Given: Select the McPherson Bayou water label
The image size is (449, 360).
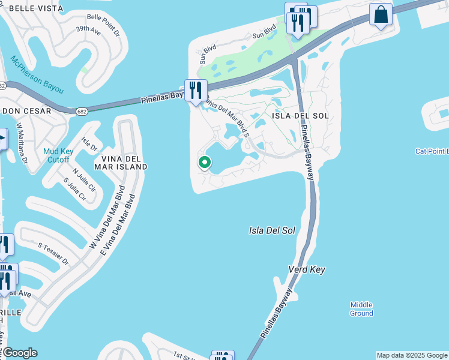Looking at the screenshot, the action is (37, 74).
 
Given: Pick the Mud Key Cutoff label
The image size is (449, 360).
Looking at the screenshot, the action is (58, 155).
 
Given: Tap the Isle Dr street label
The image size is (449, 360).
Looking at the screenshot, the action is (89, 144).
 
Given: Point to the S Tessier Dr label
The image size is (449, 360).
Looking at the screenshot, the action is (54, 254).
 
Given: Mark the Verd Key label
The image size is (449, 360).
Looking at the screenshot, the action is (306, 270).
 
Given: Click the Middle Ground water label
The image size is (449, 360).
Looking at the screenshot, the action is (361, 309).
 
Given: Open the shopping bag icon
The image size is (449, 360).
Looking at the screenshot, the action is (381, 14).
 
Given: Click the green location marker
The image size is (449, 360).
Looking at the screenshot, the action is (205, 162).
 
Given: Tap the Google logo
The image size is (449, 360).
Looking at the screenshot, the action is (19, 353).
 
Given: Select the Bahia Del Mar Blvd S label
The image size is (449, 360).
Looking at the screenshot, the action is (227, 114).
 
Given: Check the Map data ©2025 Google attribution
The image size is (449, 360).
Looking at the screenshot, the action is (412, 355).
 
